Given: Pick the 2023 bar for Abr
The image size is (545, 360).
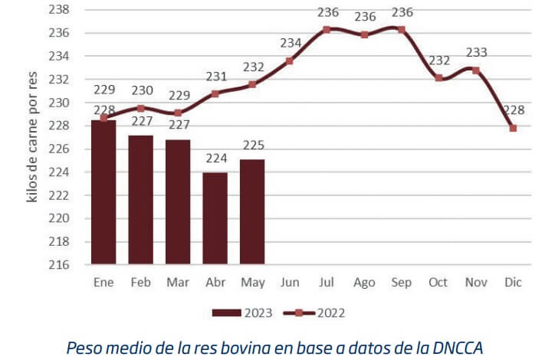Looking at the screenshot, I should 215,218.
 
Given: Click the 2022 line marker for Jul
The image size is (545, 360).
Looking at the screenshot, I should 327,29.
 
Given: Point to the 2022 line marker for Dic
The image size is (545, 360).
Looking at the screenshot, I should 513,128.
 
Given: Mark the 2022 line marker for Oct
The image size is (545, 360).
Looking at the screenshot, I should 438,77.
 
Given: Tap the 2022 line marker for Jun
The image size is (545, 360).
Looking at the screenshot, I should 290,61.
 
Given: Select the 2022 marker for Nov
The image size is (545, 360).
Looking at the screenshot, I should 476,70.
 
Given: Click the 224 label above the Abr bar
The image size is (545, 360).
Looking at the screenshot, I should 215,159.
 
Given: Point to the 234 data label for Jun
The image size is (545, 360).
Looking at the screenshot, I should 291,43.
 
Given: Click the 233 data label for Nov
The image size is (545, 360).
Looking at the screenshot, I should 476,52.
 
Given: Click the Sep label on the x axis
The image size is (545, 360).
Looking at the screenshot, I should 401,283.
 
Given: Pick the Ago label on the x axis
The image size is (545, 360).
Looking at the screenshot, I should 364,283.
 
